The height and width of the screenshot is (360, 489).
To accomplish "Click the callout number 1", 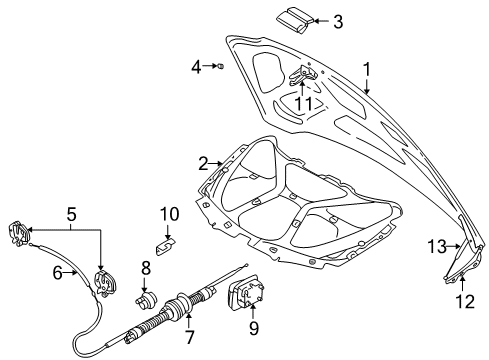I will (x=367, y=69).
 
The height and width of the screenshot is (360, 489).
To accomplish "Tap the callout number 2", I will (x=203, y=162).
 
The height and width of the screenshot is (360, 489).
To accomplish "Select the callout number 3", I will (x=337, y=20).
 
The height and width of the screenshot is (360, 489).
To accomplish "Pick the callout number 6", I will (x=58, y=271).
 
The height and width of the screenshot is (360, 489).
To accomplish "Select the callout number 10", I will (x=169, y=213).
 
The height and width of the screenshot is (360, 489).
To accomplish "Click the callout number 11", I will (x=303, y=102).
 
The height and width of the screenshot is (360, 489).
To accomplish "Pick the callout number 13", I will (x=436, y=246).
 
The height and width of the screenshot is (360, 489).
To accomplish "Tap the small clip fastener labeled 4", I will (x=219, y=67).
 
